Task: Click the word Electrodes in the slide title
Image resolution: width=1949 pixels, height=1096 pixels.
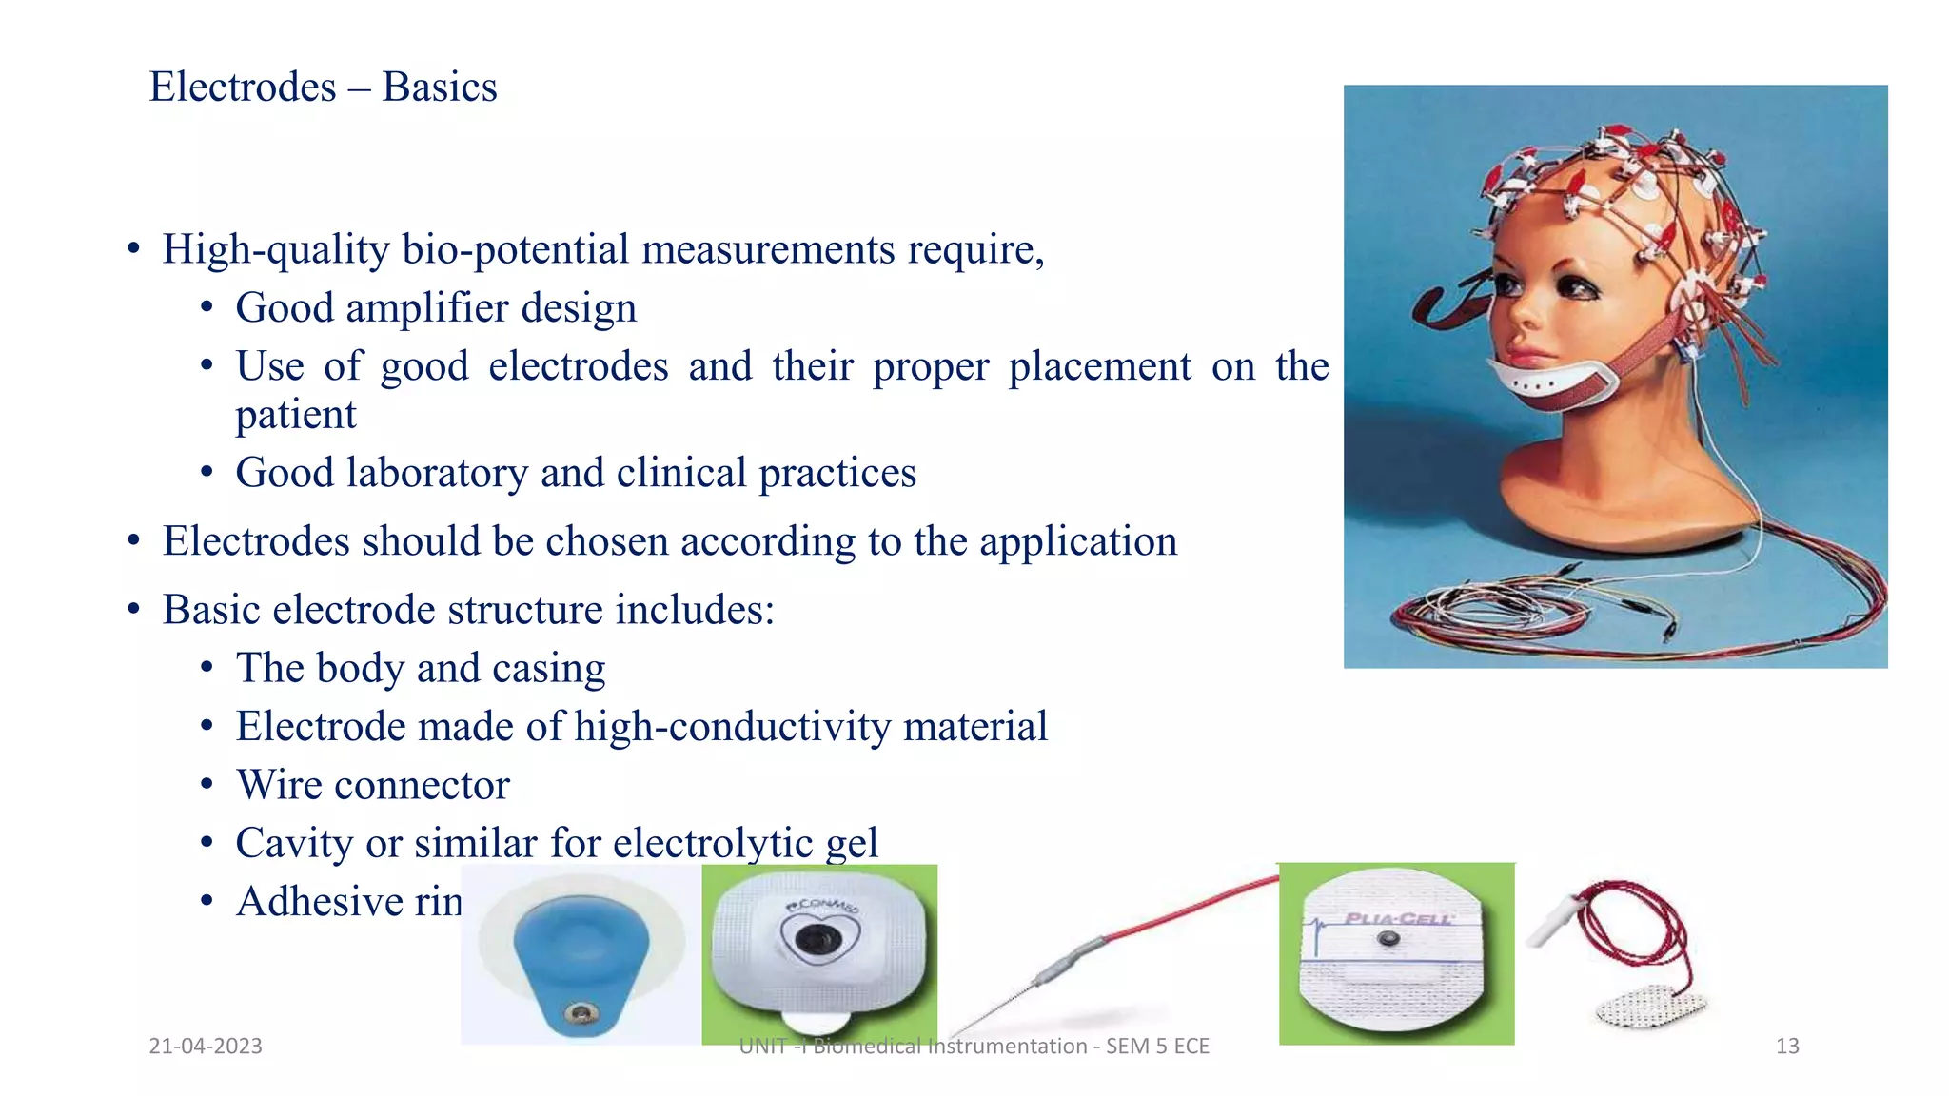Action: coord(243,88)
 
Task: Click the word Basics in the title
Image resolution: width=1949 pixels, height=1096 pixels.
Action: coord(440,88)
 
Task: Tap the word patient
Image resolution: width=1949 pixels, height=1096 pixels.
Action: coord(296,415)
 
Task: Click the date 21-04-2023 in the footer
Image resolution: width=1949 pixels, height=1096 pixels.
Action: coord(206,1047)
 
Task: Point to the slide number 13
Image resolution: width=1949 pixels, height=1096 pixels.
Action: coord(1787,1047)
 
